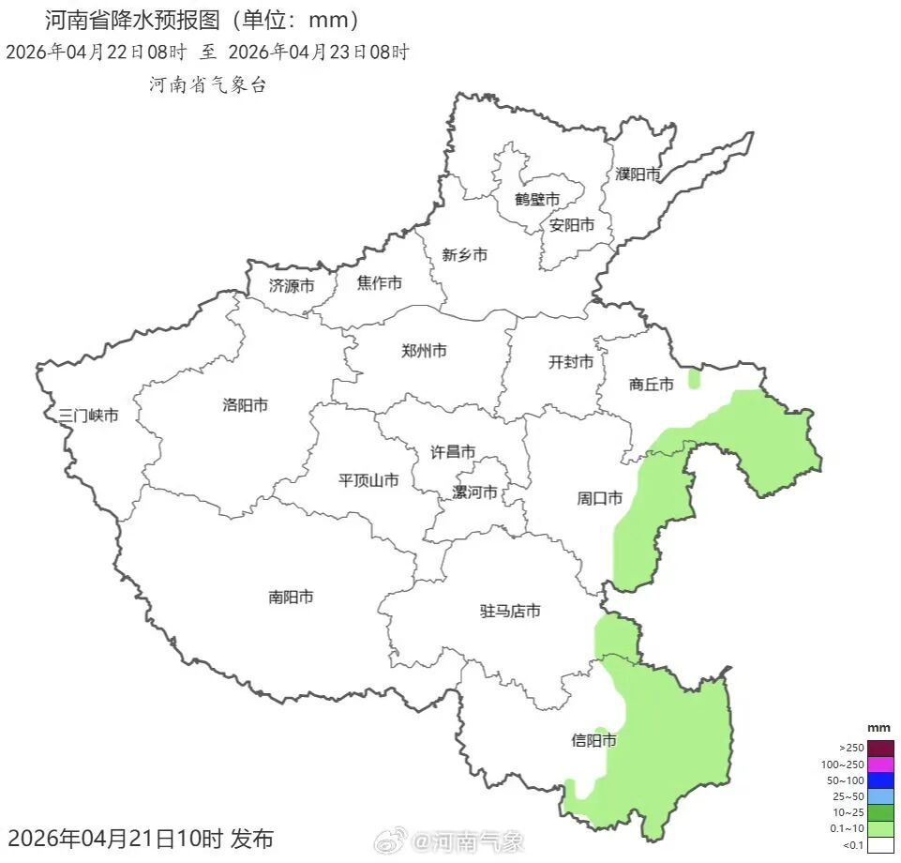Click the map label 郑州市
coord(424,351)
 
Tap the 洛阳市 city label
coord(246,405)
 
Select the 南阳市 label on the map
coord(291,597)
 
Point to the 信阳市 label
coord(594,740)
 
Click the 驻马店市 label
coord(510,612)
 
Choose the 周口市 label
coord(599,498)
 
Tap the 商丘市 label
coord(652,384)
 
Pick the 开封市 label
coord(571,362)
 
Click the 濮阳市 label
coord(638,174)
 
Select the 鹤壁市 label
coord(537,199)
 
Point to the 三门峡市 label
coord(88,415)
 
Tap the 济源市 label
coord(292,285)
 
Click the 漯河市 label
coord(475,492)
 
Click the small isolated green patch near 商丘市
coord(694,379)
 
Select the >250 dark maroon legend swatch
coord(880,748)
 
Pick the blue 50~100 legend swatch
coord(880,780)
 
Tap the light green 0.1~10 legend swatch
coord(880,829)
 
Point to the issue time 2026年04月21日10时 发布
coord(141,838)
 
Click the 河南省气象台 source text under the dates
coord(208,84)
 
